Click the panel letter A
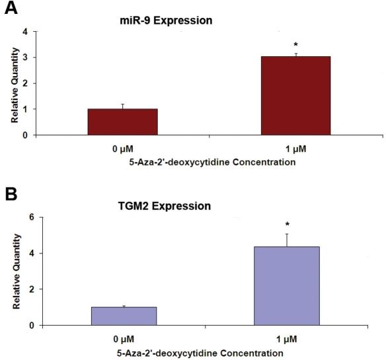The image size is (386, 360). (x=11, y=13)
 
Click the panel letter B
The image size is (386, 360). (x=11, y=197)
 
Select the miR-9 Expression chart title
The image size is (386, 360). (x=161, y=21)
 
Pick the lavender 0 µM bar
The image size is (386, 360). (x=124, y=316)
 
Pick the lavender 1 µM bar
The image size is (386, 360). (x=286, y=285)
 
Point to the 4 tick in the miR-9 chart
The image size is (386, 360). (x=26, y=32)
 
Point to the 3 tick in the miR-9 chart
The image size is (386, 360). (x=26, y=58)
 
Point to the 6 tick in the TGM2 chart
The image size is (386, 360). (x=26, y=217)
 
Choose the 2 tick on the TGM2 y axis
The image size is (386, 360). (x=26, y=289)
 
